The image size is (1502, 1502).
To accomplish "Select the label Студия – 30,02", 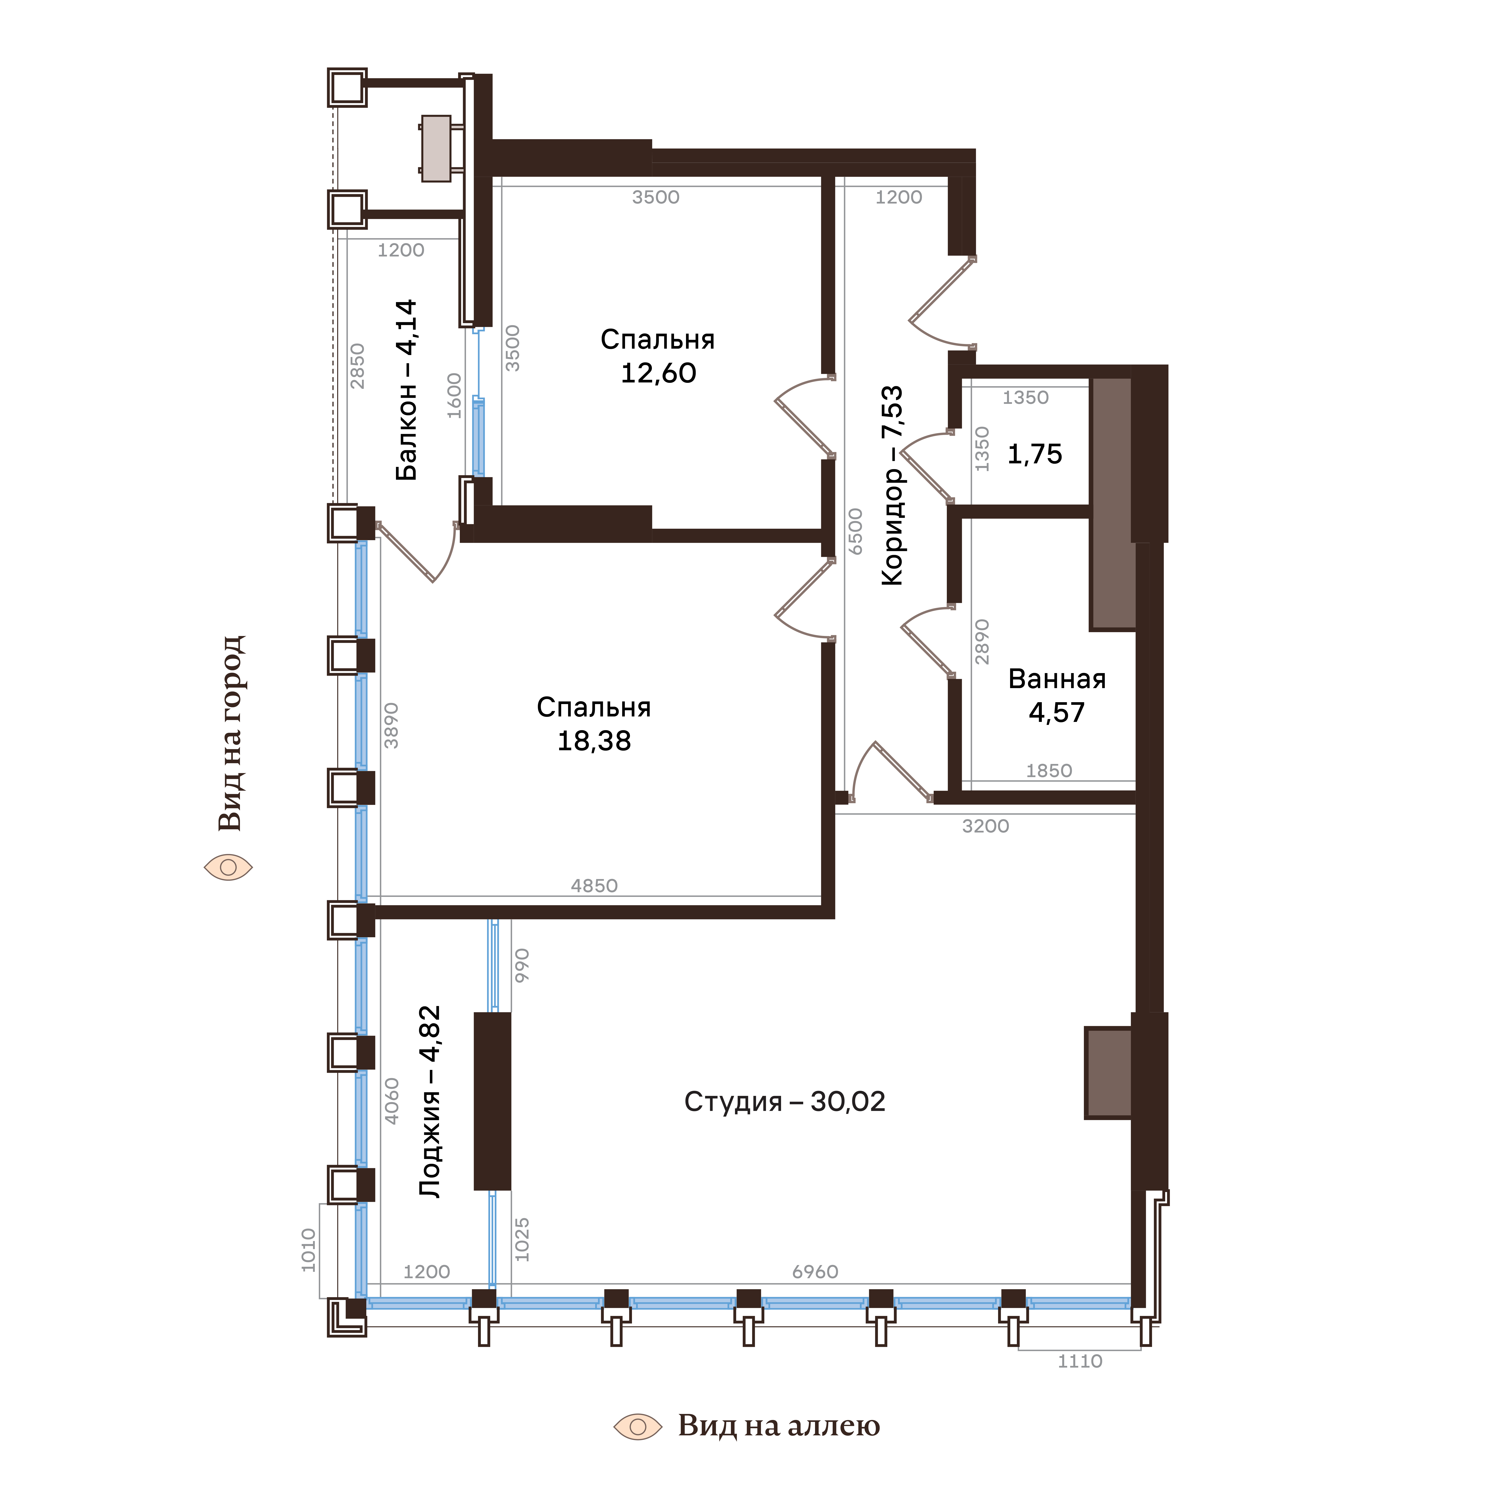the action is (784, 1102).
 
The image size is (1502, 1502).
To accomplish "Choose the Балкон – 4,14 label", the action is (406, 390).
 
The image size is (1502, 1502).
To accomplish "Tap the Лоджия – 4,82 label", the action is (429, 1102).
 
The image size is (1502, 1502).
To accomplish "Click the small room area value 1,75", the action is (1035, 454).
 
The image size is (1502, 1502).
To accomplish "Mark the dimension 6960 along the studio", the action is (815, 1272).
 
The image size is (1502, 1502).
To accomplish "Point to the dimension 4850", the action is (594, 885).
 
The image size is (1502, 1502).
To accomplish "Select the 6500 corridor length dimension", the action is (855, 532).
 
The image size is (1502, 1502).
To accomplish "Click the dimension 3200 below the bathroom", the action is (985, 826).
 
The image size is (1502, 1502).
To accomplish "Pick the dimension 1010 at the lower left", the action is (309, 1250).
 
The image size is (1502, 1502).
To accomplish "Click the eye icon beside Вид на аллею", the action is (637, 1427).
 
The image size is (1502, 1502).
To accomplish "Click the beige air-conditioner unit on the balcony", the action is (436, 149).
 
